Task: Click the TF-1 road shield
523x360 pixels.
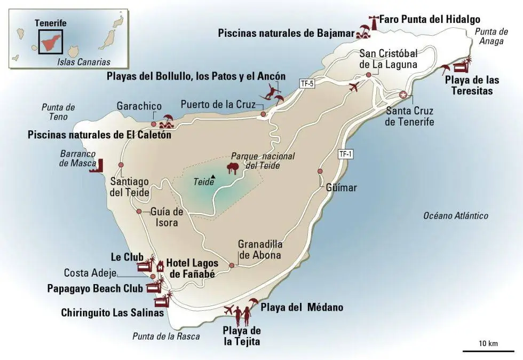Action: tap(345, 154)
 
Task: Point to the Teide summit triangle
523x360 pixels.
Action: tap(213, 177)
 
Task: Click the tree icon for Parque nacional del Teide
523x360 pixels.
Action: tap(232, 169)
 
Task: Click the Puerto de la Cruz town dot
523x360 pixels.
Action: tap(263, 114)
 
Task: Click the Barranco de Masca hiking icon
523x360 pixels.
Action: tap(99, 166)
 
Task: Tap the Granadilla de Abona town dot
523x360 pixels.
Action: tap(232, 265)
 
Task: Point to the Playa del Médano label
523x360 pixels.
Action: tap(302, 307)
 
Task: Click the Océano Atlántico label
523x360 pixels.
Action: tap(455, 216)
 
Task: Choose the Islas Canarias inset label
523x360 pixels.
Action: tap(83, 62)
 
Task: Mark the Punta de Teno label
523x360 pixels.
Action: tap(58, 112)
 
